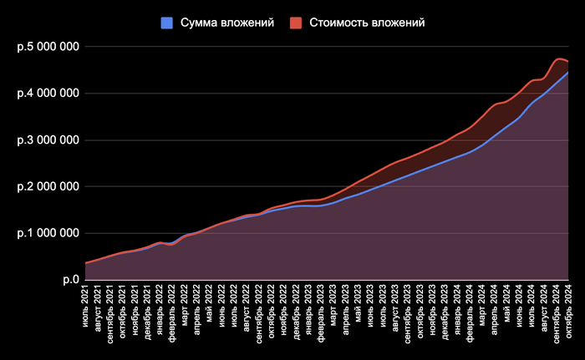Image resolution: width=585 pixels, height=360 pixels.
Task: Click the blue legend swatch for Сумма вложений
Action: (x=165, y=23)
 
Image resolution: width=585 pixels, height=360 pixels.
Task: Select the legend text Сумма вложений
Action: (x=225, y=23)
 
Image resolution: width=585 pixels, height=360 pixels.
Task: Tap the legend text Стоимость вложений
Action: (x=367, y=23)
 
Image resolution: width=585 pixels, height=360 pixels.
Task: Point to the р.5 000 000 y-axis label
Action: (x=48, y=47)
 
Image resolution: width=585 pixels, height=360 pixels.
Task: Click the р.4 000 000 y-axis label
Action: (x=48, y=94)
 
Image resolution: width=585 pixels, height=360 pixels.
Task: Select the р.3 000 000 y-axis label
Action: (x=48, y=140)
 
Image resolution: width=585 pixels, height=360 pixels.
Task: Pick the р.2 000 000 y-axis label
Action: (x=48, y=187)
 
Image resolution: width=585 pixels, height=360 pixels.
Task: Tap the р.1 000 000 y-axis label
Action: (x=48, y=234)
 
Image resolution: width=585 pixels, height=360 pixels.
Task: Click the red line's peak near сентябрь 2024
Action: (x=558, y=59)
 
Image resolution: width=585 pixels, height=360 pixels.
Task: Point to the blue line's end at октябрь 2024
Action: (x=568, y=73)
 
